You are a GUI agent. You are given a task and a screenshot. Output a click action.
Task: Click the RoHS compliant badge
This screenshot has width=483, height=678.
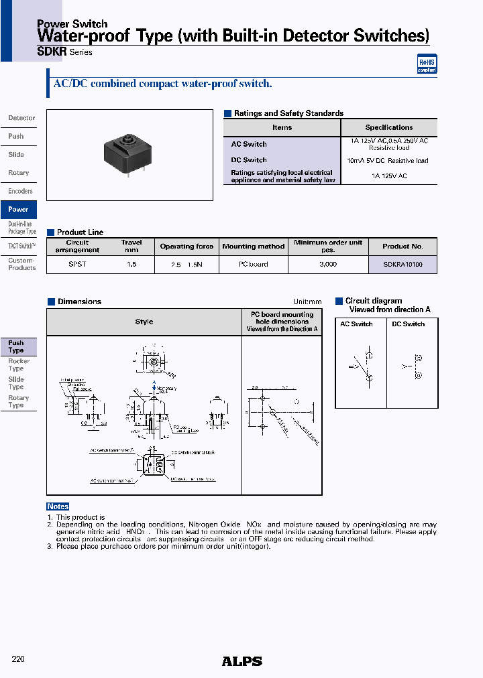tap(427, 64)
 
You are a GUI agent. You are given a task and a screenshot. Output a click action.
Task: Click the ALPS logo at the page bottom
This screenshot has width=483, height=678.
tap(241, 661)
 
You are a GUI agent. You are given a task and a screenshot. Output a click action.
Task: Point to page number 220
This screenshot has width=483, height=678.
tap(18, 659)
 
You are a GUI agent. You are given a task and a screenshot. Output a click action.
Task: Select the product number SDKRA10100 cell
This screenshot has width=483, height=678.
tap(402, 265)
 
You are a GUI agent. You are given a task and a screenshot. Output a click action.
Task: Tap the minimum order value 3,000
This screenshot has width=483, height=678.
tap(328, 265)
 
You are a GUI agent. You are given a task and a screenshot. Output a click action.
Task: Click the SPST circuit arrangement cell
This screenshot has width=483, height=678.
tap(77, 265)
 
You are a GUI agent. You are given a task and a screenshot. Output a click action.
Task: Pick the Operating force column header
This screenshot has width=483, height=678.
tap(186, 247)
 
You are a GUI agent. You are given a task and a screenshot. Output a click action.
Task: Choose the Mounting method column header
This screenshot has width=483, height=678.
tap(254, 247)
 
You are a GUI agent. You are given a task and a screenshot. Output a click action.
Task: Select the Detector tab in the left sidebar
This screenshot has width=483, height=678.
tap(21, 118)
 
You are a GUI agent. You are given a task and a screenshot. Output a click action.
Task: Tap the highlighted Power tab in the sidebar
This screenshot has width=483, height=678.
tap(18, 210)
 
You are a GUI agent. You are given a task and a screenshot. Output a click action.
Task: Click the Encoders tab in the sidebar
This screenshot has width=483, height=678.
tap(20, 192)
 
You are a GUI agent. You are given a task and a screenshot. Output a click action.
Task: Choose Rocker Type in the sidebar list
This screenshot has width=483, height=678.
tap(18, 365)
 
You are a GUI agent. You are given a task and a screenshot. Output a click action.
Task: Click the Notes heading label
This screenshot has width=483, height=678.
tap(58, 506)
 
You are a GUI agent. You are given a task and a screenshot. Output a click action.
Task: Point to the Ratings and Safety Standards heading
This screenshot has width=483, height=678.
tap(287, 114)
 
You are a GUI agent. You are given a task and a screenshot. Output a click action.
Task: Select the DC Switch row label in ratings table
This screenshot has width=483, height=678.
tap(249, 160)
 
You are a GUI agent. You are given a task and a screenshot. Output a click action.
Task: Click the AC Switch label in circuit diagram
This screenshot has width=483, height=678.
tap(356, 324)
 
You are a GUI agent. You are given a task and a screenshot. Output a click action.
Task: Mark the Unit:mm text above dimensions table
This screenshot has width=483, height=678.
tap(307, 302)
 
